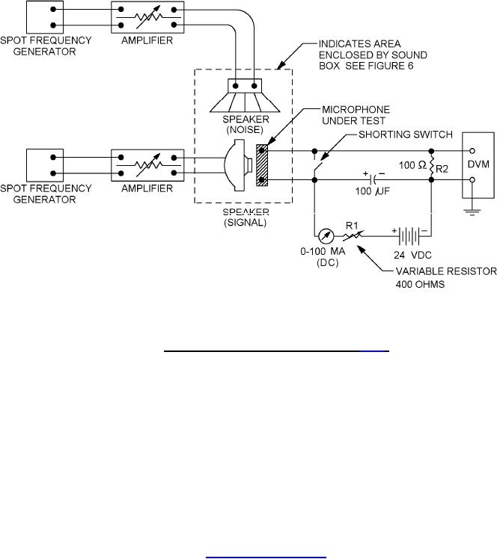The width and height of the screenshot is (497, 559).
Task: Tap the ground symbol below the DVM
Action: click(x=472, y=212)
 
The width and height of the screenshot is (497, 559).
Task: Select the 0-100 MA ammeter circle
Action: click(x=326, y=236)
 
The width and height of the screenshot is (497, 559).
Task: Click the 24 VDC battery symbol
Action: click(x=409, y=236)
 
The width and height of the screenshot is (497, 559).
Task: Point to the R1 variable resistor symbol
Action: click(x=353, y=235)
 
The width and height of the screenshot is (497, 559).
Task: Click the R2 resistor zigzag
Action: click(x=431, y=165)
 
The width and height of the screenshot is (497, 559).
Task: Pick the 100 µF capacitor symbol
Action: click(x=374, y=179)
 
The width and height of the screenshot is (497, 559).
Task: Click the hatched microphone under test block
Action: click(x=262, y=165)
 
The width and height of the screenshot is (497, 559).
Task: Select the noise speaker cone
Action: click(x=245, y=102)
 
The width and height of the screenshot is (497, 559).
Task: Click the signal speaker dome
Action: click(x=236, y=165)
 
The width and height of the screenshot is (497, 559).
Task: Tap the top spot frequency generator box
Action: click(x=45, y=17)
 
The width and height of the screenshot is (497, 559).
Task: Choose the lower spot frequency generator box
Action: click(x=45, y=165)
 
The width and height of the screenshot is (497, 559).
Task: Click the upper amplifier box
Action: click(x=147, y=17)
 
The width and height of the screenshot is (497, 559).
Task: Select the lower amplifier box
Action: click(x=147, y=165)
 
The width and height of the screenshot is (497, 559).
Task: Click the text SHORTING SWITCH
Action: click(x=406, y=135)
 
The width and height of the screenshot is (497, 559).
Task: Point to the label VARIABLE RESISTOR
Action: click(x=446, y=271)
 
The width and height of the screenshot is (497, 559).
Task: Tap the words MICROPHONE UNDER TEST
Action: click(x=356, y=115)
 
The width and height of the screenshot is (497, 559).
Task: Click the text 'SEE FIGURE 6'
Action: click(x=379, y=66)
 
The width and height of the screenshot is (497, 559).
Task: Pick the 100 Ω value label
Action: click(x=412, y=165)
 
